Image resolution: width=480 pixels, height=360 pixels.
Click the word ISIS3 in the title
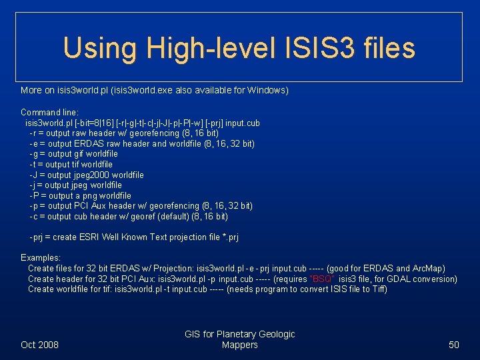click(318, 48)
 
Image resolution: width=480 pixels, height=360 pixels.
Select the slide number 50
click(454, 345)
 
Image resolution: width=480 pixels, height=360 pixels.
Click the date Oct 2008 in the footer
click(39, 345)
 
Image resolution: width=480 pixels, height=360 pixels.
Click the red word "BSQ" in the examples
click(323, 279)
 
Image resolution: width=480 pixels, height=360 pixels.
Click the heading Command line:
click(49, 113)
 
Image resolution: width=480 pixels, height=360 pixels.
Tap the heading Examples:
click(41, 257)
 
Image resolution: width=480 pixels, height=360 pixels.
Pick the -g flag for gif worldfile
click(33, 154)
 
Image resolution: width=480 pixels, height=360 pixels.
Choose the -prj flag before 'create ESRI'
click(39, 237)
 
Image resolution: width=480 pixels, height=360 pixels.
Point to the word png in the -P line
click(91, 195)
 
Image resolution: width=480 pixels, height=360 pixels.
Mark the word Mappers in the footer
click(239, 345)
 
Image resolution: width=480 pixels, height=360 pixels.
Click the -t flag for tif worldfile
click(33, 164)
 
